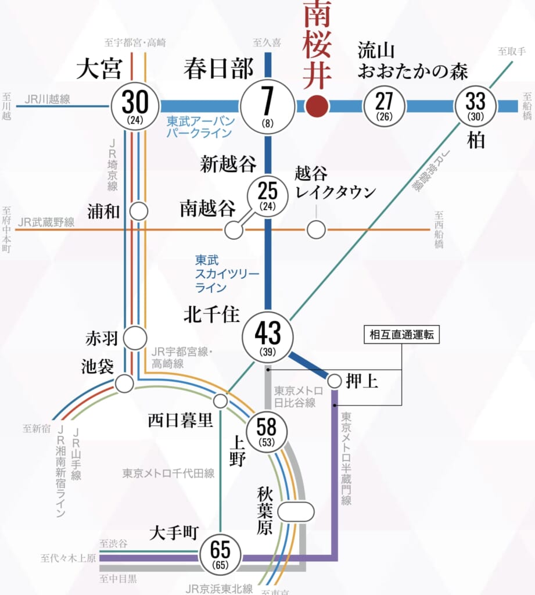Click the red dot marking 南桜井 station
click(x=317, y=106)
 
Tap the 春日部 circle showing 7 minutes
click(x=267, y=106)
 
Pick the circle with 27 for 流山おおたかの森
click(x=384, y=106)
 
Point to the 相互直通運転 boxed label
click(x=401, y=335)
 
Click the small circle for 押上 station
click(x=335, y=381)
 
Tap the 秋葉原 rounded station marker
click(x=296, y=511)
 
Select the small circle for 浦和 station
click(x=139, y=212)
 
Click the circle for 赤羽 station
click(x=135, y=338)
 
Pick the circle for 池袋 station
click(x=124, y=383)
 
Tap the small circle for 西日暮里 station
click(x=221, y=401)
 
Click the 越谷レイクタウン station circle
click(x=316, y=230)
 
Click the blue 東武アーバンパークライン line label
click(x=200, y=127)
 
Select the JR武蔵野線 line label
click(x=46, y=222)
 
